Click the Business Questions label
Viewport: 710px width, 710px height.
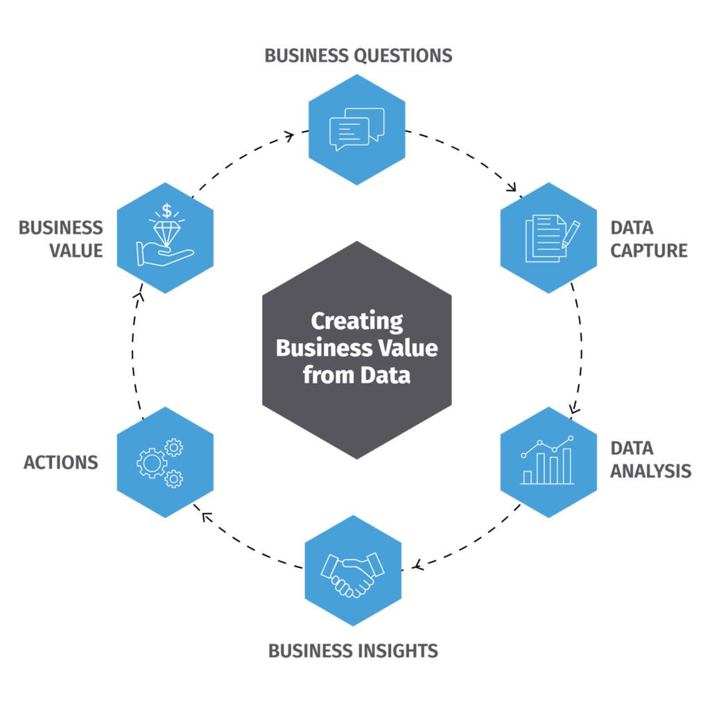click(x=358, y=55)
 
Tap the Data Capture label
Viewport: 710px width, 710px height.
click(x=649, y=239)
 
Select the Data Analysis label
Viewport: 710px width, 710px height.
click(x=650, y=459)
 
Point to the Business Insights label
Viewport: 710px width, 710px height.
click(x=353, y=651)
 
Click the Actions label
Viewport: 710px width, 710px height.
click(x=61, y=462)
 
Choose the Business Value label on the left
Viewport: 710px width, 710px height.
click(x=61, y=239)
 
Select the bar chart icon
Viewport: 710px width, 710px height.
click(x=548, y=460)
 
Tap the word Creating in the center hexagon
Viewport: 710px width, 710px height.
click(x=356, y=322)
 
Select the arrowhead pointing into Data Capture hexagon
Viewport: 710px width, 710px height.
click(x=514, y=188)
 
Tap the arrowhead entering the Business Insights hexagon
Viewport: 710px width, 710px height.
click(x=417, y=566)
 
